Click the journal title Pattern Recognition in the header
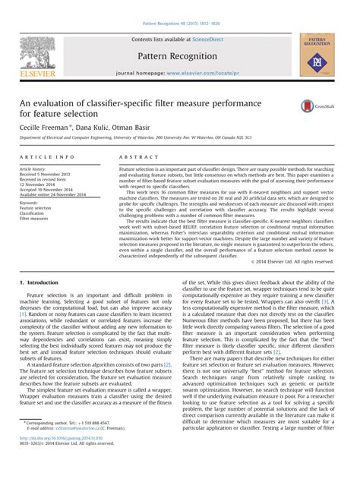(x=179, y=56)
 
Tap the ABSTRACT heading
(x=135, y=156)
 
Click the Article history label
(x=36, y=168)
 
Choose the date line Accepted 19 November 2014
(x=52, y=189)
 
